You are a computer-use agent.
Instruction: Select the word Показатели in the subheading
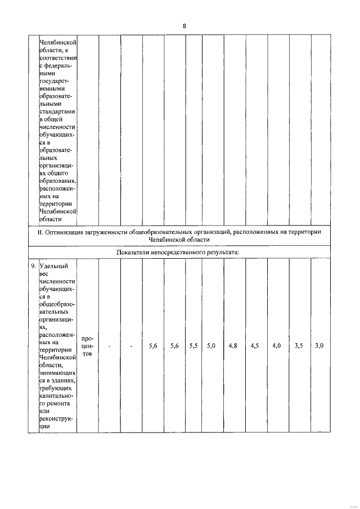click(x=134, y=252)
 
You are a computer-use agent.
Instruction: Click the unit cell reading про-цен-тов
click(x=87, y=346)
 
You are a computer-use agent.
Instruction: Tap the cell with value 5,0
click(x=211, y=346)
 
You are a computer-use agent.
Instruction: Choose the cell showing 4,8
click(x=233, y=346)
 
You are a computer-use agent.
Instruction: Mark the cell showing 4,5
click(x=255, y=346)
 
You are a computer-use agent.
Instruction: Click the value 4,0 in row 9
click(x=276, y=346)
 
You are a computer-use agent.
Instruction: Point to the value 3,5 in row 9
click(x=299, y=346)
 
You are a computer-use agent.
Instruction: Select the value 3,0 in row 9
click(x=319, y=346)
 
